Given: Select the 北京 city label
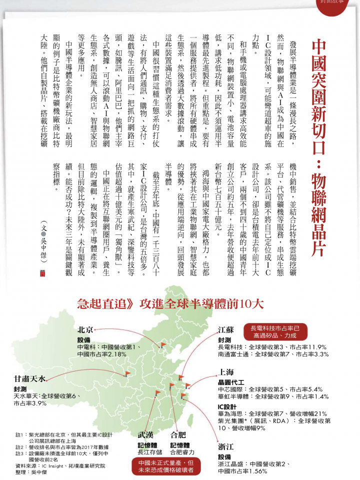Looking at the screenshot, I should click(85, 330).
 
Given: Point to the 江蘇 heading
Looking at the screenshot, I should click(226, 331).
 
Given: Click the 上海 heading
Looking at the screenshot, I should click(226, 372).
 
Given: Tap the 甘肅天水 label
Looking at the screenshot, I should click(30, 378).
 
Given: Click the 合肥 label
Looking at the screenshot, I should click(178, 434).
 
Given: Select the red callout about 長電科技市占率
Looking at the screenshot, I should click(279, 332).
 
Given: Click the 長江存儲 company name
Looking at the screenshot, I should click(149, 452).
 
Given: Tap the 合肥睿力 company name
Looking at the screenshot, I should click(181, 452).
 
